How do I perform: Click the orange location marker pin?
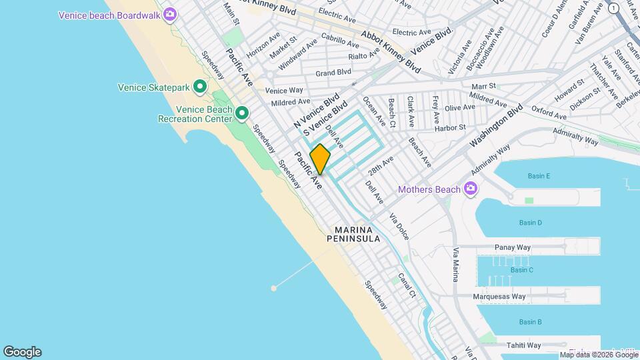click(320, 159)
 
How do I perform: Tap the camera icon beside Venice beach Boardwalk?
click(171, 14)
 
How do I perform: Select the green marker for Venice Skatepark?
click(199, 87)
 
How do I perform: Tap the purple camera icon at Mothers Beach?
click(471, 189)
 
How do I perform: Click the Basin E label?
click(539, 176)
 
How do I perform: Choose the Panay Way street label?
click(513, 247)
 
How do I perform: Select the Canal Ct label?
click(407, 285)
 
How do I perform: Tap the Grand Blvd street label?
click(333, 72)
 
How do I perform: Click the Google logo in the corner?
click(22, 352)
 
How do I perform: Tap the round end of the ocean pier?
click(274, 288)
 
